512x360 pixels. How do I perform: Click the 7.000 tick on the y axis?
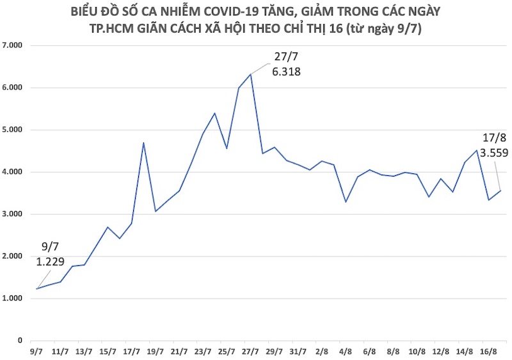13,45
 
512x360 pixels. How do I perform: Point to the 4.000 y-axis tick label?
13,172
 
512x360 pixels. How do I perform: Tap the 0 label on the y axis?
20,341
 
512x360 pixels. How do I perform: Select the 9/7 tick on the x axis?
37,351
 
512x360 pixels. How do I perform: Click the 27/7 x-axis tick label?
250,351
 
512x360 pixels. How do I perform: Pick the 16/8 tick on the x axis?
488,351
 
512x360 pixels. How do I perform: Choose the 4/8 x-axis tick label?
346,351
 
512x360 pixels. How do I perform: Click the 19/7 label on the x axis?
156,351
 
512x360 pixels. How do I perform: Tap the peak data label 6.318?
286,72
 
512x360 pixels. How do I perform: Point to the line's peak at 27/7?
250,74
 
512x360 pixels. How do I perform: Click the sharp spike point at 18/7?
143,142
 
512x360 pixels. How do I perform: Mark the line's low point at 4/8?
346,202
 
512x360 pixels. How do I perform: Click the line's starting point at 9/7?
37,289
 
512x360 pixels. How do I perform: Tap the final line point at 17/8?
500,191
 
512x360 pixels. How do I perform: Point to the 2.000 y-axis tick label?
13,256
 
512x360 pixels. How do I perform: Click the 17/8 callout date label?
493,137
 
